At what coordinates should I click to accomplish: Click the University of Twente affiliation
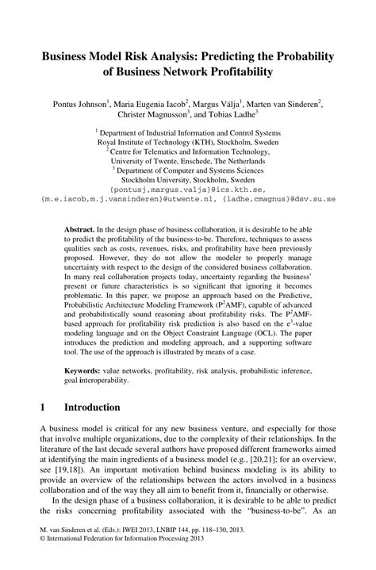pyautogui.click(x=187, y=159)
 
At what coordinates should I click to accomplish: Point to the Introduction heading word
pyautogui.click(x=92, y=407)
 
